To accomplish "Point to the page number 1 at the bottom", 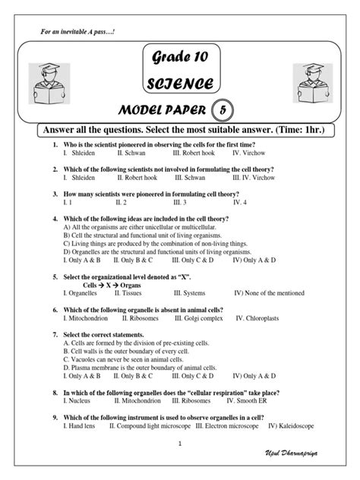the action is click(180, 443).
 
